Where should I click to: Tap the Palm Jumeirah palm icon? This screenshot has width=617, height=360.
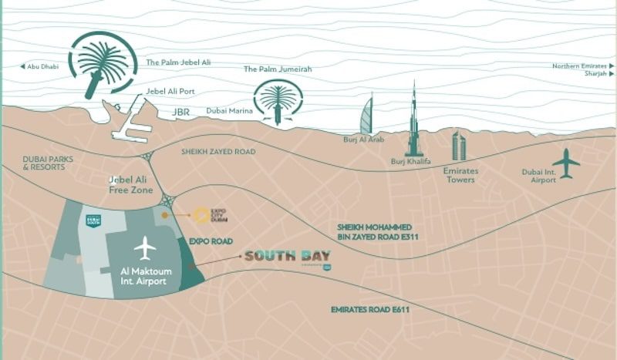pos(277,101)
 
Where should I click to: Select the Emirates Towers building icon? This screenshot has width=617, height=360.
pos(459,146)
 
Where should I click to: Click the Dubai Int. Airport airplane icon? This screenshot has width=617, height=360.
pos(568,163)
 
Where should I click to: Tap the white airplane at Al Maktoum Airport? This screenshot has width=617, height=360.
pos(145,248)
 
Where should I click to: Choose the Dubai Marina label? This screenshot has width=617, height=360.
pos(228,110)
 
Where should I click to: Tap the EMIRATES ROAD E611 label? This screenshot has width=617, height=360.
pos(369,310)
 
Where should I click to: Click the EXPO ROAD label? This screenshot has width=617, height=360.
pos(211,241)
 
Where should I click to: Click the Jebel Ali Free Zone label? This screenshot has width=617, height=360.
pos(133,185)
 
